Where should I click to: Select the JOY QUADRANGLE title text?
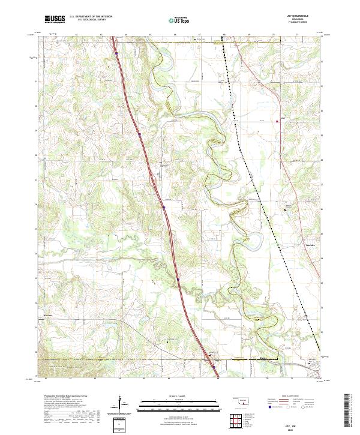click(x=301, y=16)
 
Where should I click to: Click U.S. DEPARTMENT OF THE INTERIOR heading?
click(x=91, y=17)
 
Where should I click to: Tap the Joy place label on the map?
click(x=283, y=118)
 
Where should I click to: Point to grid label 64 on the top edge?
click(x=125, y=35)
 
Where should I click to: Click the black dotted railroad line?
click(x=252, y=168)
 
